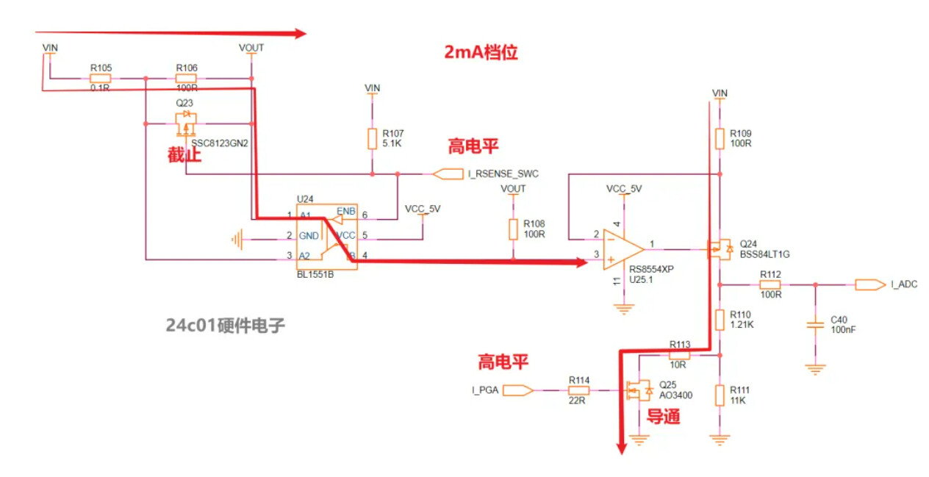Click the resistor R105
101,78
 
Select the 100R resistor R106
186,78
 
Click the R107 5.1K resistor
373,139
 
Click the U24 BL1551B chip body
326,237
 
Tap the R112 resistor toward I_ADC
770,284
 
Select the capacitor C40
814,324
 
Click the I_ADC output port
870,284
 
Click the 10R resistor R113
679,354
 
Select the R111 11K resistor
720,395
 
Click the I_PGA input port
517,390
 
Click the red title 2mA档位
481,52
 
